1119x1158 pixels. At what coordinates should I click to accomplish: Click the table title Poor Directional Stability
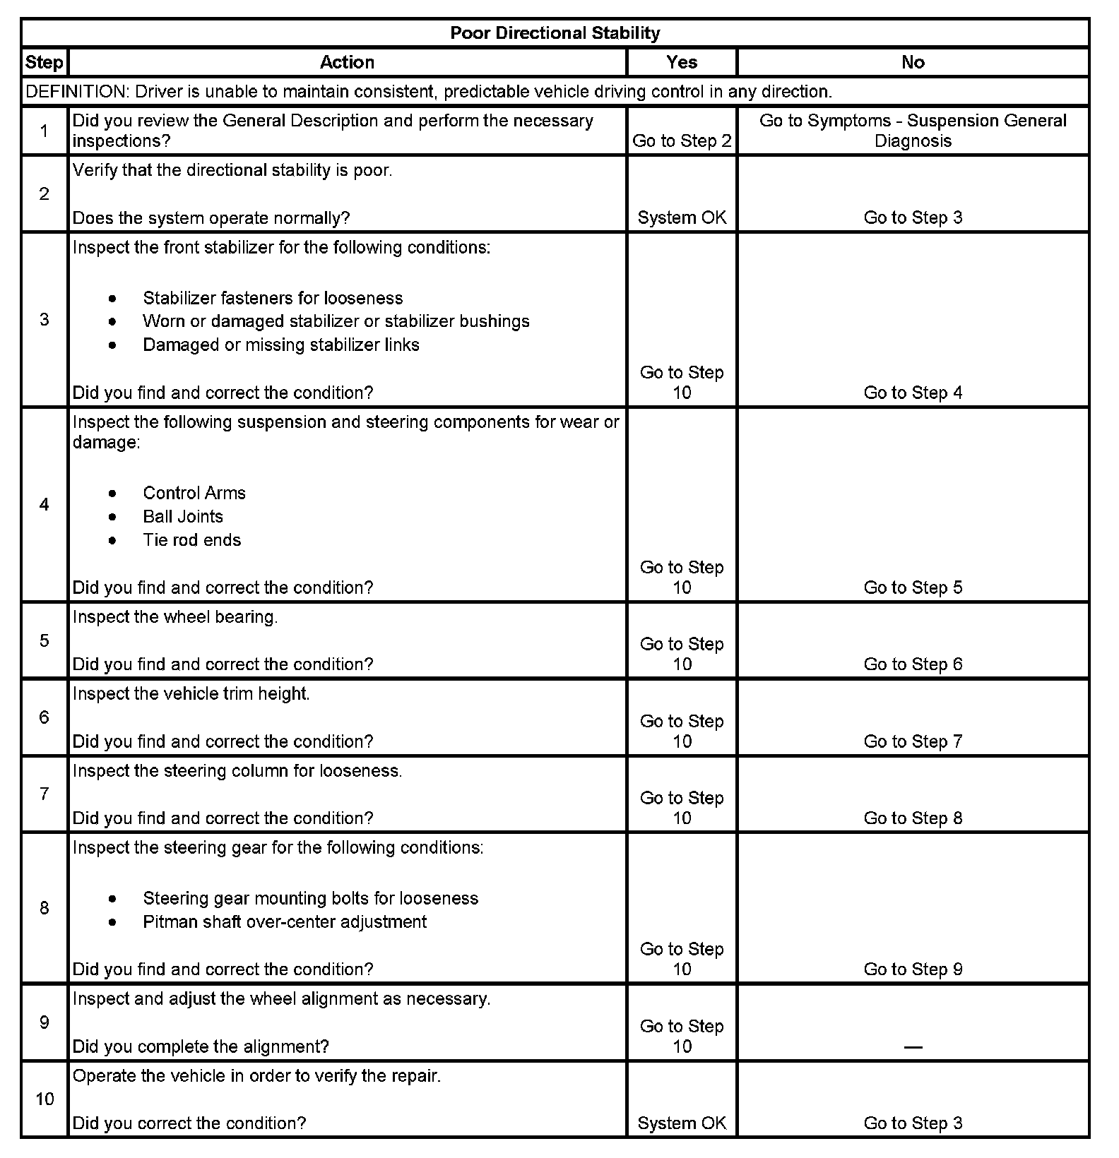(x=555, y=33)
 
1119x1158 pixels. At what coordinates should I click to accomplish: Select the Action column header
(x=347, y=62)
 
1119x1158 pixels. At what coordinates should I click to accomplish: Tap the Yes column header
(x=682, y=62)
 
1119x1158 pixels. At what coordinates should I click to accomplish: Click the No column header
(x=913, y=62)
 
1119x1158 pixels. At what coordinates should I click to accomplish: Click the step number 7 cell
(x=45, y=794)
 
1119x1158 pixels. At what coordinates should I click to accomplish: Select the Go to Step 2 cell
(x=682, y=141)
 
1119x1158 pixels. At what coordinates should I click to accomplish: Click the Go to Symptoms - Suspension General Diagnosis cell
(x=913, y=131)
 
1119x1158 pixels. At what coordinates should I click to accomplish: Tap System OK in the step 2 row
(x=682, y=217)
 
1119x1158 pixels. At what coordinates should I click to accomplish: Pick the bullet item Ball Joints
(x=183, y=516)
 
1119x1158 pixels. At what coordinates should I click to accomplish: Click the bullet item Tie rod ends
(x=191, y=540)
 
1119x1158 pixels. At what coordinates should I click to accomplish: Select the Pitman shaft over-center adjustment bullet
(x=285, y=922)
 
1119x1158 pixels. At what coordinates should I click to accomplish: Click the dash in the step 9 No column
(x=913, y=1046)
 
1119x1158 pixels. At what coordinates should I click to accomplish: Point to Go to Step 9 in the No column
(x=913, y=969)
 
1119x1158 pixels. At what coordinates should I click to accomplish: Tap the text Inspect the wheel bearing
(x=175, y=617)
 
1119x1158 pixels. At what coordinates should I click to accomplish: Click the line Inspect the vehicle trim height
(x=191, y=694)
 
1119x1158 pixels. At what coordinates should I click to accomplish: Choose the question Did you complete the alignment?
(x=201, y=1046)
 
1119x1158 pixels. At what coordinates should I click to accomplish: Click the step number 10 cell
(x=45, y=1099)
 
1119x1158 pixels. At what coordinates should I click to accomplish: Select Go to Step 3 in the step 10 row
(x=913, y=1123)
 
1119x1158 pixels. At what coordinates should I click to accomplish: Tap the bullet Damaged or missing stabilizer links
(x=281, y=345)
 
